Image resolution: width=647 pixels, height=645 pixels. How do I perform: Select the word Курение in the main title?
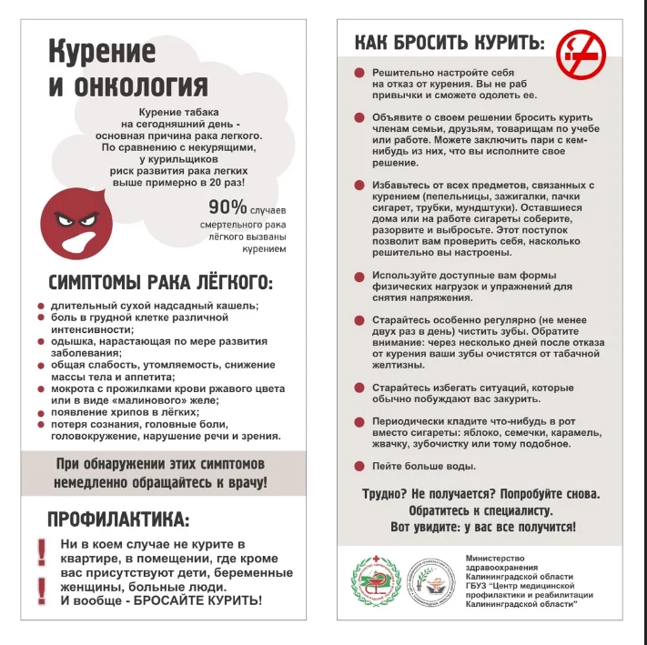101,50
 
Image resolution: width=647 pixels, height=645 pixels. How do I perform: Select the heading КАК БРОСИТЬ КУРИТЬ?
450,43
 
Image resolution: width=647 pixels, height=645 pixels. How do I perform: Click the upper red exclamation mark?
41,549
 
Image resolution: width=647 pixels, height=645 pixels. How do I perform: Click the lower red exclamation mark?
41,590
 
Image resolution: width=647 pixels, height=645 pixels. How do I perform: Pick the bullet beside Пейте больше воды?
359,467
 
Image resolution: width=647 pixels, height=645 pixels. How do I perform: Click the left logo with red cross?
376,582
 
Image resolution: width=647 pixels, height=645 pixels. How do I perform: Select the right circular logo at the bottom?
430,582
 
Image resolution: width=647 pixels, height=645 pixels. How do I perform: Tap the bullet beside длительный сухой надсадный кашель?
41,306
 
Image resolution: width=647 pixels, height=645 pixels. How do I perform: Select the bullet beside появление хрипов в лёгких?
41,412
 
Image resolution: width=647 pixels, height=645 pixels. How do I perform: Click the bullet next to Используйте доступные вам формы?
359,275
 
